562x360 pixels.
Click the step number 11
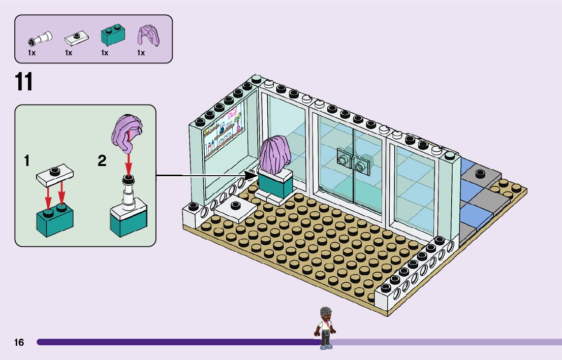[24, 82]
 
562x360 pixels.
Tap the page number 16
[19, 343]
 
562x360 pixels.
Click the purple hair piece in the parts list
[148, 36]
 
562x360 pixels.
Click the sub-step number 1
[27, 161]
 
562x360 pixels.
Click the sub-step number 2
[102, 161]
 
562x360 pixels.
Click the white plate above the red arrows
[55, 174]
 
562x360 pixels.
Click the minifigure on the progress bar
[325, 327]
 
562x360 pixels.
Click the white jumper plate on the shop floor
[234, 208]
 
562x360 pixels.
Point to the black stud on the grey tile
[480, 174]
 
